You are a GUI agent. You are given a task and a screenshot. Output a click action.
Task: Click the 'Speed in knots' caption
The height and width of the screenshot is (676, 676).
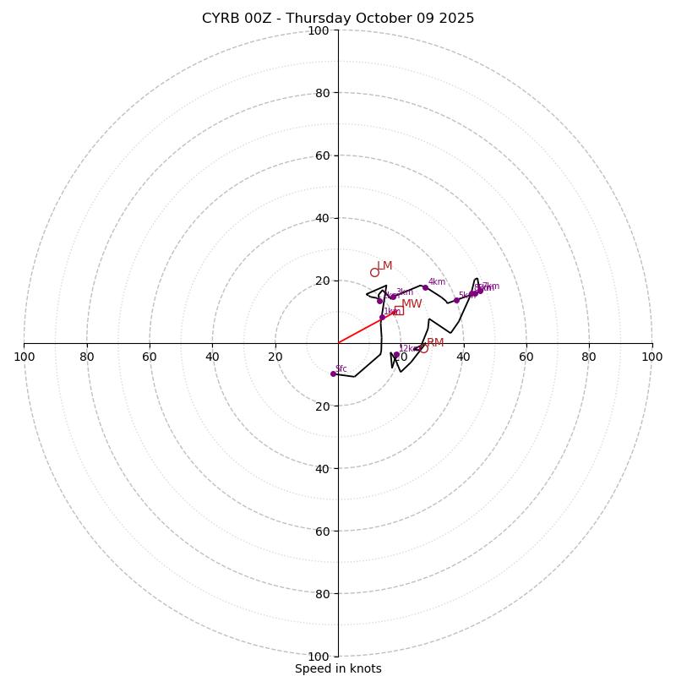click(338, 668)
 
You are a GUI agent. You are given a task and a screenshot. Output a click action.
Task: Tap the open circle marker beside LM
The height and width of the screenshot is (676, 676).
click(374, 272)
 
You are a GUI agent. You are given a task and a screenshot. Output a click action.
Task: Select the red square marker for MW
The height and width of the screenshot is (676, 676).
click(399, 310)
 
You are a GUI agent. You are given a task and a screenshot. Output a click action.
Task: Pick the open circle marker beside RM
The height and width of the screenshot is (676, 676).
click(423, 348)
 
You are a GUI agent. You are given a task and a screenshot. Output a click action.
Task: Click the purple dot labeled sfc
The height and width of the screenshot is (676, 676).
click(333, 373)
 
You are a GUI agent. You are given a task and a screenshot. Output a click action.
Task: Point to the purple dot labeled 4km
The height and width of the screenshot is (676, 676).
click(425, 287)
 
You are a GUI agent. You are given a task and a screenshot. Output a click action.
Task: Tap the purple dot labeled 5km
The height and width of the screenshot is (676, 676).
click(456, 300)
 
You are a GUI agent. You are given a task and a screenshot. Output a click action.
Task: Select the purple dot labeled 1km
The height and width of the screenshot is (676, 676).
click(382, 318)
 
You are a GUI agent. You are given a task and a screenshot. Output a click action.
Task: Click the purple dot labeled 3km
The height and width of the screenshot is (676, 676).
click(393, 297)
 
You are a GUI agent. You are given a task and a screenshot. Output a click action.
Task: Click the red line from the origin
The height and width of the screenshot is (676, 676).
click(360, 330)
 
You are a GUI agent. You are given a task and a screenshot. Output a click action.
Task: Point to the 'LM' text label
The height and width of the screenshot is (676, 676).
click(384, 265)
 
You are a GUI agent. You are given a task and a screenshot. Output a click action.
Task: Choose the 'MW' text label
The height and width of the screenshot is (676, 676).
click(412, 304)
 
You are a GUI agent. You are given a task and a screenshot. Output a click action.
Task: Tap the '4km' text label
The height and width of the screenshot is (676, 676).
click(436, 281)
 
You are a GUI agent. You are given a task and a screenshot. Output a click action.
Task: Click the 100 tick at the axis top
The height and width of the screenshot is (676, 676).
click(319, 30)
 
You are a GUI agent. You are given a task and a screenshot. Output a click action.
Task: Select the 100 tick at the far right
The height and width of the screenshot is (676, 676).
click(651, 357)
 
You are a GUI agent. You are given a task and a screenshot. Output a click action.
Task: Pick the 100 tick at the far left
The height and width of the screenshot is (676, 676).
click(24, 357)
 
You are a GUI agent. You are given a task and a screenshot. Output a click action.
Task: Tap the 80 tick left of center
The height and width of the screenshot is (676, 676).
click(87, 357)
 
